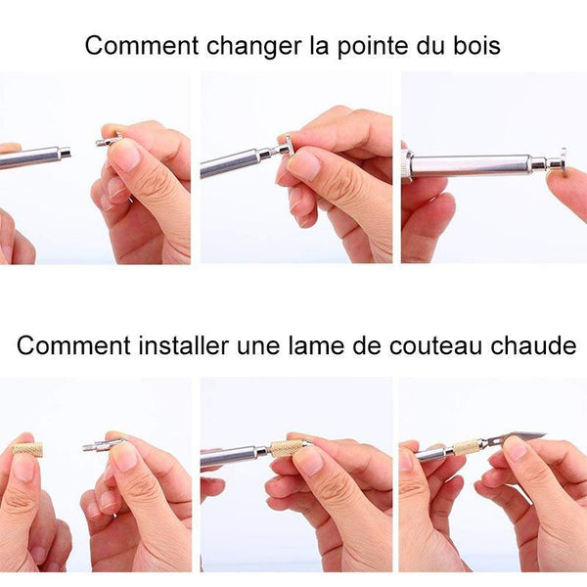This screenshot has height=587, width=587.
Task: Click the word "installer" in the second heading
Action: pos(184,345)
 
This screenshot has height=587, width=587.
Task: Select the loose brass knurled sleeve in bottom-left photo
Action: pos(28,448)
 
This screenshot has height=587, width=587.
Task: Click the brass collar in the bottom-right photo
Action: pos(466,446)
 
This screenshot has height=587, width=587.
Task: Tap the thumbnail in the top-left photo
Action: pos(125,157)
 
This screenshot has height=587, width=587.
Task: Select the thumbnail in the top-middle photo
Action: pos(304,163)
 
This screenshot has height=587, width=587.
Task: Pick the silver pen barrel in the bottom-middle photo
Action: pos(235,455)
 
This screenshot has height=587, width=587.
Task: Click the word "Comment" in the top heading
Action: pos(142,46)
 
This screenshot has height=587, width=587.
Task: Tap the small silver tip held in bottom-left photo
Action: pos(98,446)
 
